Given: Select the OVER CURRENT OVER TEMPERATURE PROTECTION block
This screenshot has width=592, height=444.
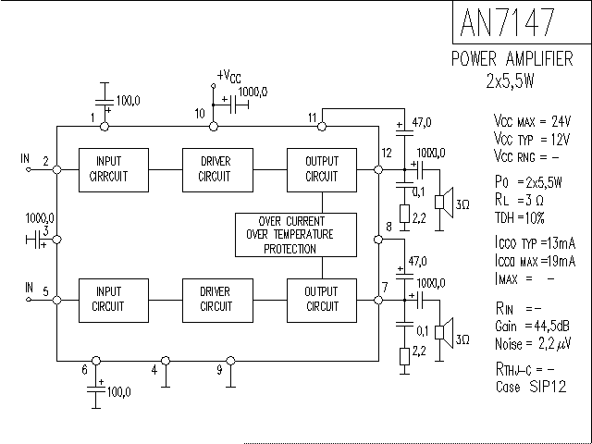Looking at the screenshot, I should (x=295, y=235).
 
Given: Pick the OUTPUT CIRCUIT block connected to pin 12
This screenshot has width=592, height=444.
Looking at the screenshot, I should (x=321, y=169).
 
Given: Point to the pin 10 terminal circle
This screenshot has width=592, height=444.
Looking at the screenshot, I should (x=214, y=126).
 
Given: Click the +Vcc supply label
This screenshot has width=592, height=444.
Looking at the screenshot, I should (x=228, y=76).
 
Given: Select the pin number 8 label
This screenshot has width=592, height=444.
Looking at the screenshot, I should (x=388, y=227).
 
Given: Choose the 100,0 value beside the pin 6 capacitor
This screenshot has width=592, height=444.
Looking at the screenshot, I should (x=117, y=391).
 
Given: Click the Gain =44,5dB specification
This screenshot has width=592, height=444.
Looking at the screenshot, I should (x=533, y=326).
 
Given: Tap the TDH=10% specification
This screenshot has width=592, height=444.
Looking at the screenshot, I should (x=520, y=217).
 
